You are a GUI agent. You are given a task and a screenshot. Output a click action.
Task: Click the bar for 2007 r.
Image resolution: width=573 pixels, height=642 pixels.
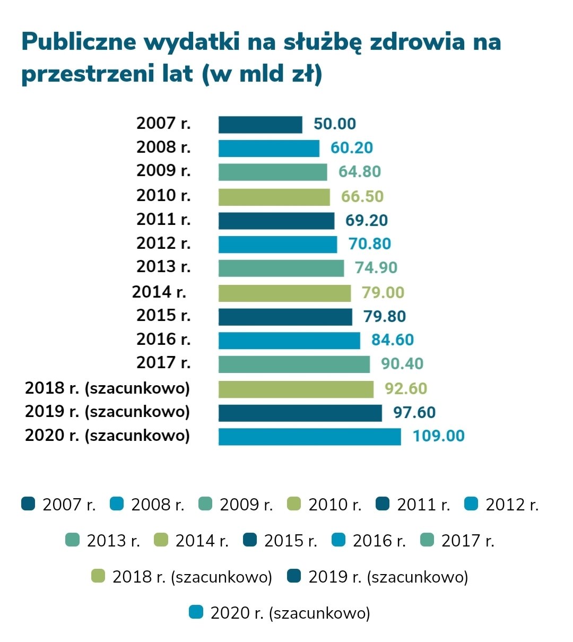click(x=260, y=125)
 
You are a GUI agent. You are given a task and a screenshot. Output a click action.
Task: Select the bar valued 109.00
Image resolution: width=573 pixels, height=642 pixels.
click(x=309, y=437)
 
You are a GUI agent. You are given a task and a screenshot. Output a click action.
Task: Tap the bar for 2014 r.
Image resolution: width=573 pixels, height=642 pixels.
click(x=284, y=293)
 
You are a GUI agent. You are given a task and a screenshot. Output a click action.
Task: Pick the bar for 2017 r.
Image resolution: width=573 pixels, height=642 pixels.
click(x=294, y=364)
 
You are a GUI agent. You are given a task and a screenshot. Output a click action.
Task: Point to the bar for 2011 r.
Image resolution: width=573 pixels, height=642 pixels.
click(x=276, y=221)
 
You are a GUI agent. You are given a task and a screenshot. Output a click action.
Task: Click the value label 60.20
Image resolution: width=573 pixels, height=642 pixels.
click(x=351, y=148)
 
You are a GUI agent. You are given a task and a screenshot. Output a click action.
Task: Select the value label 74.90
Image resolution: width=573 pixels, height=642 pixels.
click(x=376, y=268)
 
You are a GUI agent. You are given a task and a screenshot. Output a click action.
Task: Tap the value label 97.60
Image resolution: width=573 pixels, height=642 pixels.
click(x=414, y=413)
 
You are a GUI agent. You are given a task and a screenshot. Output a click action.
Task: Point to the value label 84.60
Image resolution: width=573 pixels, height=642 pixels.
click(x=392, y=340)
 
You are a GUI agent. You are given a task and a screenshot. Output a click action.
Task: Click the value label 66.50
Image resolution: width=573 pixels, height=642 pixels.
click(x=362, y=197)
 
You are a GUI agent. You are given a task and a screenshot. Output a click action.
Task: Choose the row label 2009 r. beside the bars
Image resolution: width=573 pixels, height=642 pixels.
click(x=163, y=171)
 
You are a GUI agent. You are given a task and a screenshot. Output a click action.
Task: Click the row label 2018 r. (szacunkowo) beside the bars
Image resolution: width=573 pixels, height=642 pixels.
click(x=107, y=388)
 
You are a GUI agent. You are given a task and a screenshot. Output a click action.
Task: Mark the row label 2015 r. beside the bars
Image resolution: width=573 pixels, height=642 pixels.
click(x=163, y=316)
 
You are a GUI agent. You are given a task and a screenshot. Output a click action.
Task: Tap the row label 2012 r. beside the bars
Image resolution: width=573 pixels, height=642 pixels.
click(x=163, y=244)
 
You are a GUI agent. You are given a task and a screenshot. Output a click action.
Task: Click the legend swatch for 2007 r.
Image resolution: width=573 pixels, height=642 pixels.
click(x=28, y=504)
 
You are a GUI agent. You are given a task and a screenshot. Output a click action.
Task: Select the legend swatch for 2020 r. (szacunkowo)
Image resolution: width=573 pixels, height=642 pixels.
click(x=196, y=613)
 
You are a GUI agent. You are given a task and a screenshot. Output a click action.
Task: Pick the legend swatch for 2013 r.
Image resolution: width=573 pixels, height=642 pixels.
click(x=73, y=540)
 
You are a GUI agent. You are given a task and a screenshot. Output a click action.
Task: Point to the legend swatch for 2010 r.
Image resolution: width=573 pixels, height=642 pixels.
click(x=294, y=504)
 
